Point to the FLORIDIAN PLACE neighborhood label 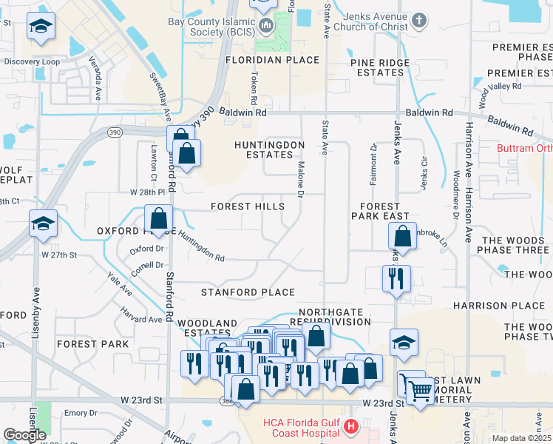[272, 60]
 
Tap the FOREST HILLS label [247, 206]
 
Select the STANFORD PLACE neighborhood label [248, 292]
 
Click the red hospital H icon [351, 426]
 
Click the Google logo [24, 434]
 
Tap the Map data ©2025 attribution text [521, 438]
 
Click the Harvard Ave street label [144, 319]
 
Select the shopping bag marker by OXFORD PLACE [158, 219]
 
